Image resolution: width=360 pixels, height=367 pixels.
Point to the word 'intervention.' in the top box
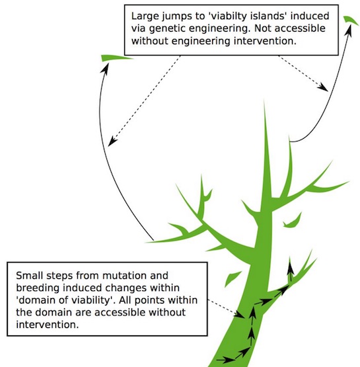click(265, 41)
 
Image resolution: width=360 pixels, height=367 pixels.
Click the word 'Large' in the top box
click(145, 17)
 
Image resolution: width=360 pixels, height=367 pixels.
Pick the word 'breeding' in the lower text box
click(38, 288)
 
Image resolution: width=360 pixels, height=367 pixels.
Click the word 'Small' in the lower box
click(29, 276)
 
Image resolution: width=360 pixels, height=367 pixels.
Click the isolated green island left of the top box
click(116, 58)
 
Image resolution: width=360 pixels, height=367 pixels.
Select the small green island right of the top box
click(351, 20)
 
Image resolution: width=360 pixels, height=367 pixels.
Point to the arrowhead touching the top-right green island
click(348, 30)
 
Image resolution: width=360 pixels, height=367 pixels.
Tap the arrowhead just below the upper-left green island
click(105, 68)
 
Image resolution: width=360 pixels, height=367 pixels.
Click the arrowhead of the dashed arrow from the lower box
click(239, 314)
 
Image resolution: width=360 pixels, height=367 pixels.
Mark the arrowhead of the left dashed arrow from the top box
click(112, 141)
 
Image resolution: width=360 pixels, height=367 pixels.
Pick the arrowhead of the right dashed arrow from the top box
click(324, 87)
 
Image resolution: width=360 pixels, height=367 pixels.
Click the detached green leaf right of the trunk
click(293, 220)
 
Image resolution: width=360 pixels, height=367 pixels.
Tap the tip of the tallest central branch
click(264, 99)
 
